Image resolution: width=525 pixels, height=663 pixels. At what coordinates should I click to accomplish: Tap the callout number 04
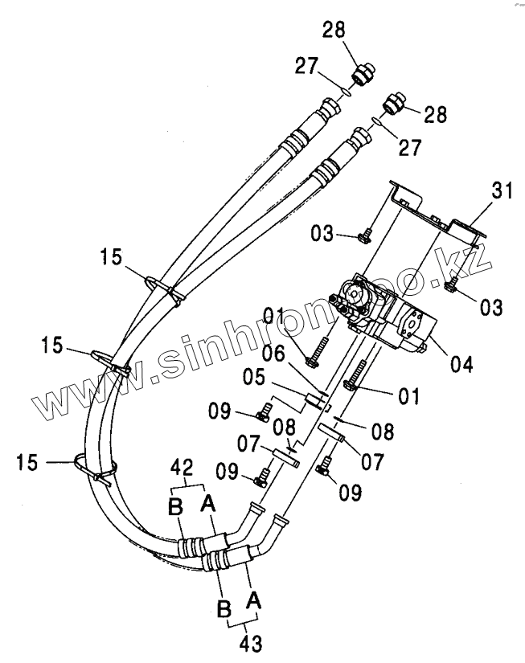pos(461,363)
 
